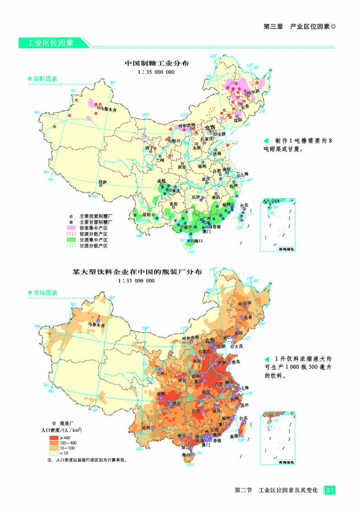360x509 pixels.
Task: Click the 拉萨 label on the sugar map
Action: pos(103,182)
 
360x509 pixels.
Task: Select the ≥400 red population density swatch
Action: pos(54,438)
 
